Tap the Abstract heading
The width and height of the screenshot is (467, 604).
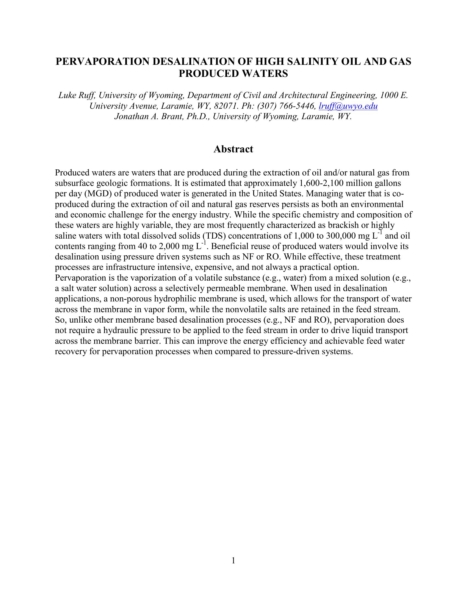tap(233, 149)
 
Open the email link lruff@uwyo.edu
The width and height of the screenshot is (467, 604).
tap(348, 106)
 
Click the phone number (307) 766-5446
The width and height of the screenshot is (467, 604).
tap(286, 106)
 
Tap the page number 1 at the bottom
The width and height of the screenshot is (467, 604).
tap(233, 561)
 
